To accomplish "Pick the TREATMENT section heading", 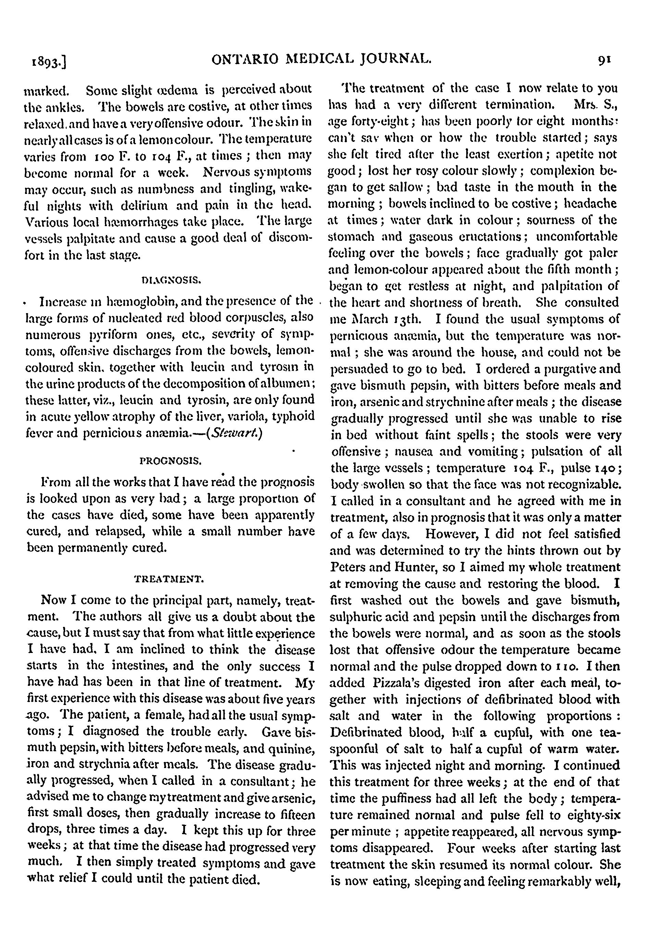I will click(x=169, y=580).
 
